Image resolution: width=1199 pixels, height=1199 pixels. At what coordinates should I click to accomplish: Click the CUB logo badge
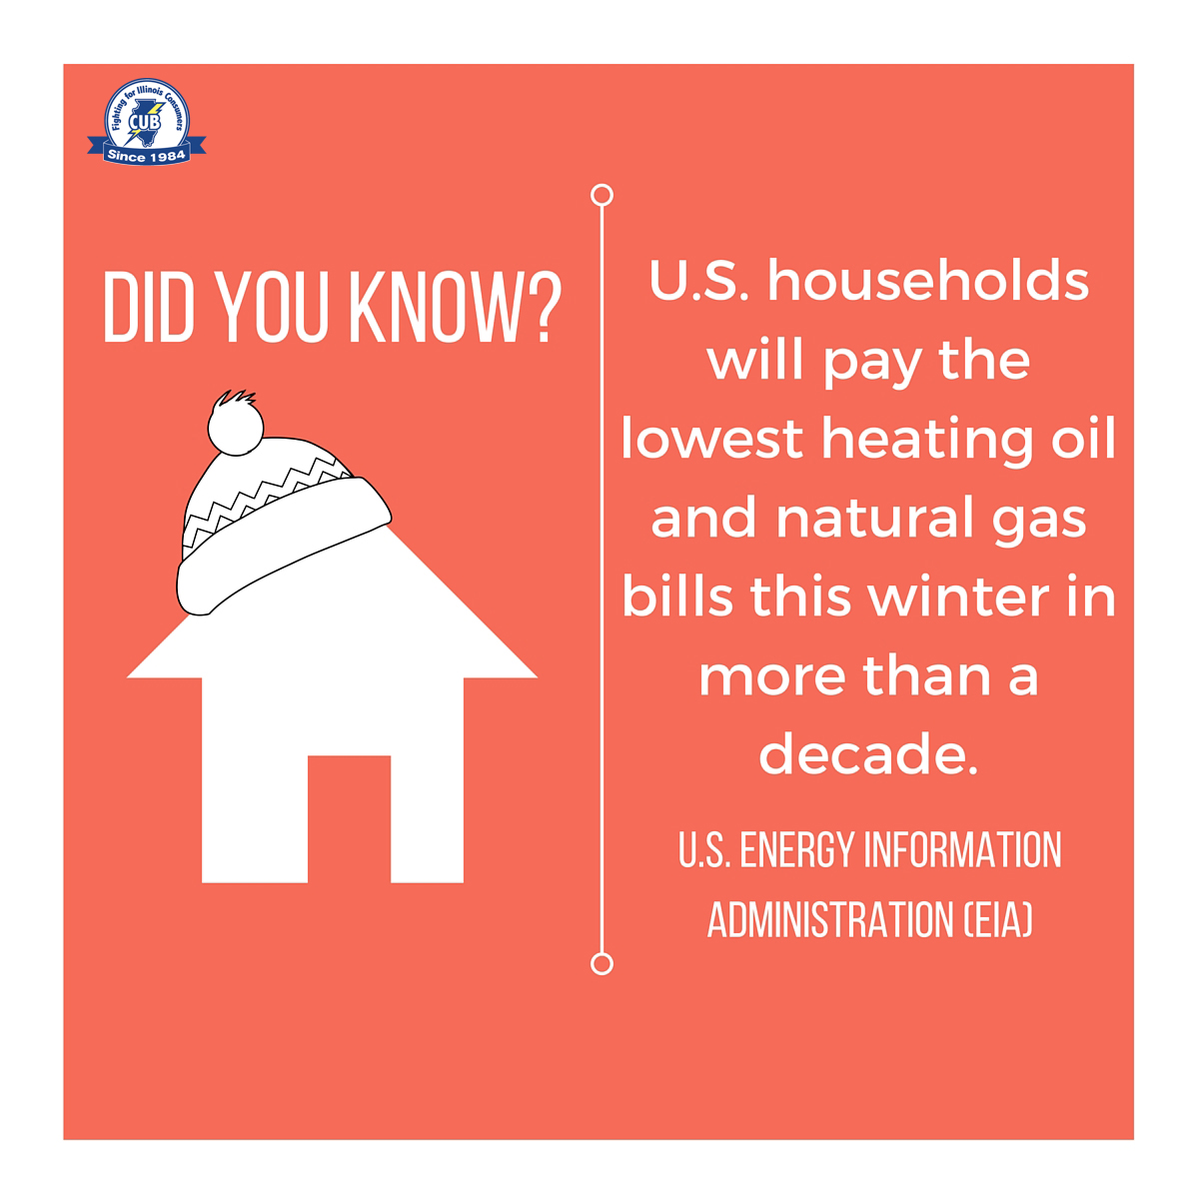pos(147,121)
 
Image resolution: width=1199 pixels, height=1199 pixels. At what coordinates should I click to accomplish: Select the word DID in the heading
pos(149,307)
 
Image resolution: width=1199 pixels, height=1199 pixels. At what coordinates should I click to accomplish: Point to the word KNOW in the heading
pos(434,307)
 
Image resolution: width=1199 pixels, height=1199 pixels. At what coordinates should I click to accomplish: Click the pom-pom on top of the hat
pos(235,423)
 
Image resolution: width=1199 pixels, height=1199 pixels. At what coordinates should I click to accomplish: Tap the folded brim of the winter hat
pos(283,546)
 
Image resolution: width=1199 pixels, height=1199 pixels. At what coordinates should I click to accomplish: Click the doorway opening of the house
pos(349,818)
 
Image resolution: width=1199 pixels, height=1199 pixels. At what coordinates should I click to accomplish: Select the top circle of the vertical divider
pos(601,195)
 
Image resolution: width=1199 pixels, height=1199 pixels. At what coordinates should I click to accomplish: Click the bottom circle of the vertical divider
pos(601,964)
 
